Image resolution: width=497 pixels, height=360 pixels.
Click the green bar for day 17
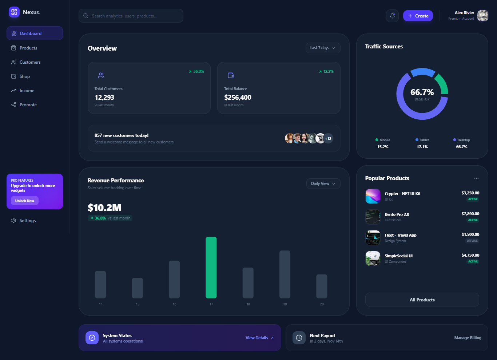pos(211,268)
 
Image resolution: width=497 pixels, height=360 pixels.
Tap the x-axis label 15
pos(138,304)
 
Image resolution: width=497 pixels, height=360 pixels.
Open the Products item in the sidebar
pos(28,48)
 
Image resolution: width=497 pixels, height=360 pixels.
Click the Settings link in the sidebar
pos(27,221)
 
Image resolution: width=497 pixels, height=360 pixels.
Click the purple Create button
pos(418,16)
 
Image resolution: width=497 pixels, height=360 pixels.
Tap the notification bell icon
pos(392,16)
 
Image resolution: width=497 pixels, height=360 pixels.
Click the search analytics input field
pos(131,16)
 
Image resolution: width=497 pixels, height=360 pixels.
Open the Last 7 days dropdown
pos(323,48)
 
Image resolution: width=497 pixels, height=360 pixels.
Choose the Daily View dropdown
pos(323,184)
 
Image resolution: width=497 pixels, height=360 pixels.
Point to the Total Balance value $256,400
pos(238,98)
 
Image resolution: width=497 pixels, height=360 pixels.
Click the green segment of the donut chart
pos(441,83)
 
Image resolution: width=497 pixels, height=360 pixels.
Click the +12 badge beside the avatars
pos(328,139)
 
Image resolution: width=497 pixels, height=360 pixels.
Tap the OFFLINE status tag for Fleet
pos(472,241)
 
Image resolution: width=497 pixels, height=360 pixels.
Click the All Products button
pos(422,300)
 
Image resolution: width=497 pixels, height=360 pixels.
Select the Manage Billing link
pos(468,338)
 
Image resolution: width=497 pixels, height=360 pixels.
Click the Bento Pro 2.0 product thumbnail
pos(373,217)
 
